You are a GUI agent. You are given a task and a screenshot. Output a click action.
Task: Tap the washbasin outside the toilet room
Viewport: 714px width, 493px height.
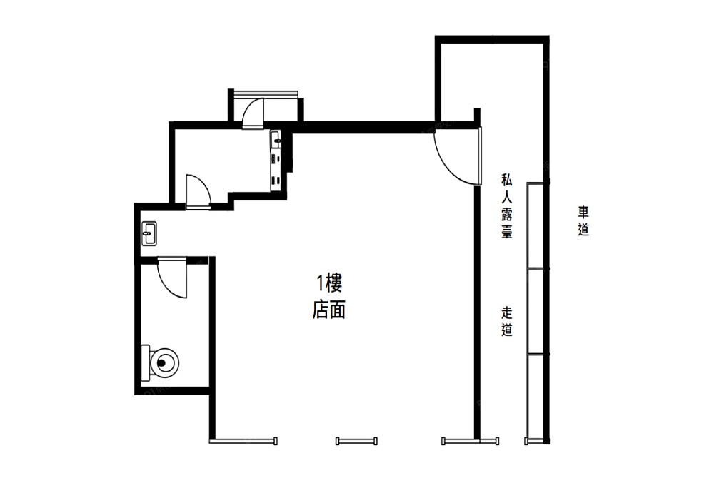tap(149, 233)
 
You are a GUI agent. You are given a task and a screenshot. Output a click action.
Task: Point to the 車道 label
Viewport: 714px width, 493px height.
tap(583, 220)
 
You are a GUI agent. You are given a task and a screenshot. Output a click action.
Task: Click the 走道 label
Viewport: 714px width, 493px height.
tap(507, 321)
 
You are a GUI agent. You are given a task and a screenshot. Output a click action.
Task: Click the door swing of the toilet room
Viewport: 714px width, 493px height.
tap(172, 278)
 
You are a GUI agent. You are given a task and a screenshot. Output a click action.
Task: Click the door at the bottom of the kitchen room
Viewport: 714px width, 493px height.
tap(198, 192)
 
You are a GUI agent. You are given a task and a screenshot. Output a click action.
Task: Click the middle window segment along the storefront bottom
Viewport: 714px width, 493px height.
tap(356, 441)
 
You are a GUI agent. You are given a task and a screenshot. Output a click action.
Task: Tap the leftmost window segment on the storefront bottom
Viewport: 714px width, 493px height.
tap(243, 441)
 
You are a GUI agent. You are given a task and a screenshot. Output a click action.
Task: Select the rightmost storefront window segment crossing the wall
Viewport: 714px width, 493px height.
tap(471, 441)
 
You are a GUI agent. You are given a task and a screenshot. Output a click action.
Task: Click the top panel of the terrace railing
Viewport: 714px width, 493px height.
tap(535, 225)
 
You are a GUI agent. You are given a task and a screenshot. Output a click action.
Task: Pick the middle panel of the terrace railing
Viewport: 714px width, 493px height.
tap(535, 311)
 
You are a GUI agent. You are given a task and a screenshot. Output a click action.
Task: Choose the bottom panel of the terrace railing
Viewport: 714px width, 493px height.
tap(535, 396)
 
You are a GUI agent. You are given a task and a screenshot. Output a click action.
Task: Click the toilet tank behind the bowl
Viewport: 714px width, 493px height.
tap(146, 363)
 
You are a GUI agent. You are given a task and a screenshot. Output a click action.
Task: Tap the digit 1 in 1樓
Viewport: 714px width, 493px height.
tap(320, 284)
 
